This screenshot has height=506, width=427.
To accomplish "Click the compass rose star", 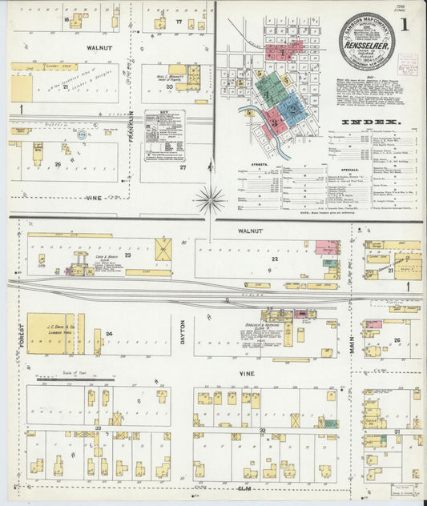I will pos(211,199).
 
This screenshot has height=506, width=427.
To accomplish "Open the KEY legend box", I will pos(164,135).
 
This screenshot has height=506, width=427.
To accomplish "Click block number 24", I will pos(108,333).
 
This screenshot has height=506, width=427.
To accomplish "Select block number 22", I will pos(274,259).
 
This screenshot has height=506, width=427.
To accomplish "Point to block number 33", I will pos(98,429).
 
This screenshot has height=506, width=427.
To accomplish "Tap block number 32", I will pos(262,430).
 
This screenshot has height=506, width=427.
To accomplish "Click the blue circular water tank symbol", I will pos(81,136).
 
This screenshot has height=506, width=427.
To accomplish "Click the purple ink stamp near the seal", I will pos(409,64).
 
